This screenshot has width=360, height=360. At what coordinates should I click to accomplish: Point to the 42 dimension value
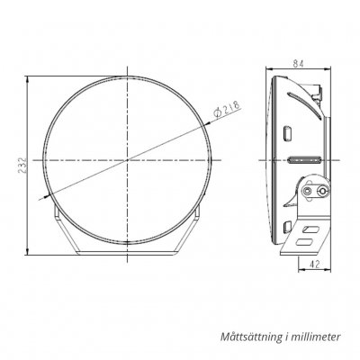click(x=316, y=263)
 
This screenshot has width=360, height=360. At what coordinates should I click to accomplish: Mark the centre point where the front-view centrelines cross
click(x=129, y=157)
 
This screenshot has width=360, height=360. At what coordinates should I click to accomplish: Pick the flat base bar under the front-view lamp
click(x=129, y=251)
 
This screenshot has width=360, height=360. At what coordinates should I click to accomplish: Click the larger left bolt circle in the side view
click(x=310, y=192)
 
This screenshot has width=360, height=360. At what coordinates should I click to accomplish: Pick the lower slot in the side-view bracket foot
click(x=308, y=243)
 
